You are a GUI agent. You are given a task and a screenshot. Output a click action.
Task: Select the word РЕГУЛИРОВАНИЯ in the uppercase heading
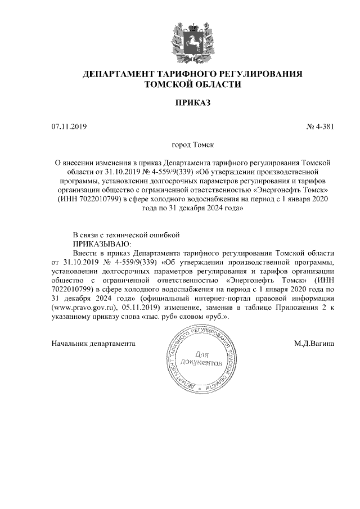(262, 74)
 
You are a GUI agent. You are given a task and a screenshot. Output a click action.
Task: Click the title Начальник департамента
(94, 343)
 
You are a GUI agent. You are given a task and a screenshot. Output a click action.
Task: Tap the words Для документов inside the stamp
(202, 360)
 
